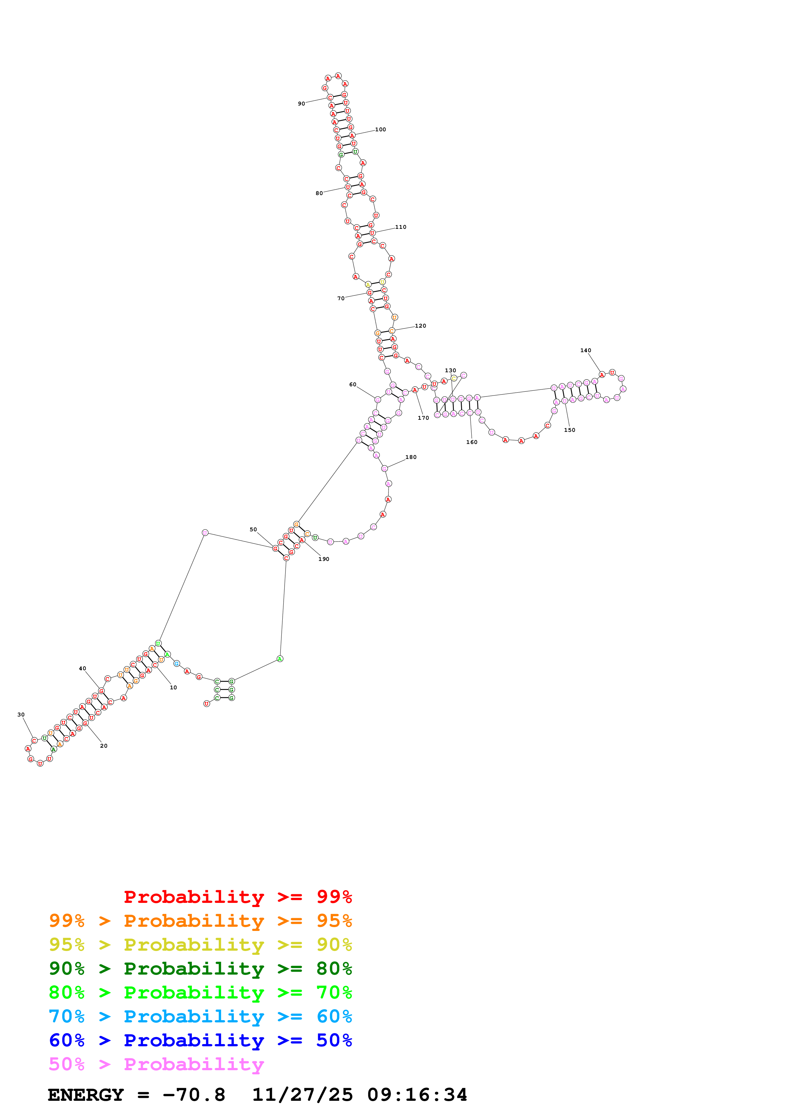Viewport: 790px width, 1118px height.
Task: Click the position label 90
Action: tap(301, 104)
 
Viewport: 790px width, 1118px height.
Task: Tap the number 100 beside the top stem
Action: tap(380, 129)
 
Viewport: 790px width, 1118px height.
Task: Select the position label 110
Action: tap(401, 227)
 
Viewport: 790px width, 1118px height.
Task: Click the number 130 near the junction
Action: tap(450, 371)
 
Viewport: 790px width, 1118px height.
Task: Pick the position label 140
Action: tap(585, 350)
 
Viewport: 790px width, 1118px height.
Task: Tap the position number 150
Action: tap(569, 430)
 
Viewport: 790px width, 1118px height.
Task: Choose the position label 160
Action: tap(472, 442)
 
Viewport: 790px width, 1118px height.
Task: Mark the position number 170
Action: tap(424, 418)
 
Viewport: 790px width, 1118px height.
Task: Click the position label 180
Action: tap(411, 457)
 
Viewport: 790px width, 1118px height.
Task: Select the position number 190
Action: tap(324, 559)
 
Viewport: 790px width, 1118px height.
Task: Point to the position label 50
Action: tap(253, 529)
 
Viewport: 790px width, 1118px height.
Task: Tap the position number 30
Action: tap(21, 715)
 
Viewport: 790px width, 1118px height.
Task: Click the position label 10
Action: tap(173, 687)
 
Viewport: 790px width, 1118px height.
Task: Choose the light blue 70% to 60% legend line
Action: tap(200, 1016)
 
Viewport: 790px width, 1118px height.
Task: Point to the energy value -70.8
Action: tap(194, 1095)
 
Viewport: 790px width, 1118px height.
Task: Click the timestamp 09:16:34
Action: tap(417, 1095)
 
